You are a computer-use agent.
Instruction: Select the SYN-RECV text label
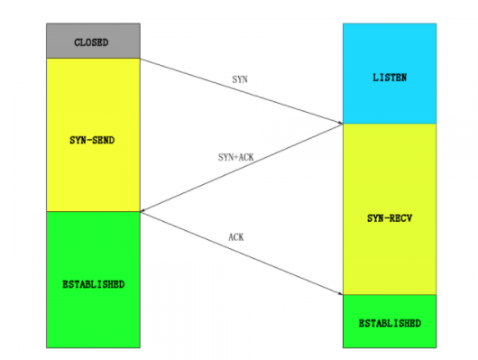coord(390,218)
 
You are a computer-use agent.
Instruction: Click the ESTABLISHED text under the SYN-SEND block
coord(95,284)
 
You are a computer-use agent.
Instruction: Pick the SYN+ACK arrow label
coord(236,156)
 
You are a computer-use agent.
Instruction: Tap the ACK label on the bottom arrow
coord(236,237)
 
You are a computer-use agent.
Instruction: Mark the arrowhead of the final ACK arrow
coord(340,293)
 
